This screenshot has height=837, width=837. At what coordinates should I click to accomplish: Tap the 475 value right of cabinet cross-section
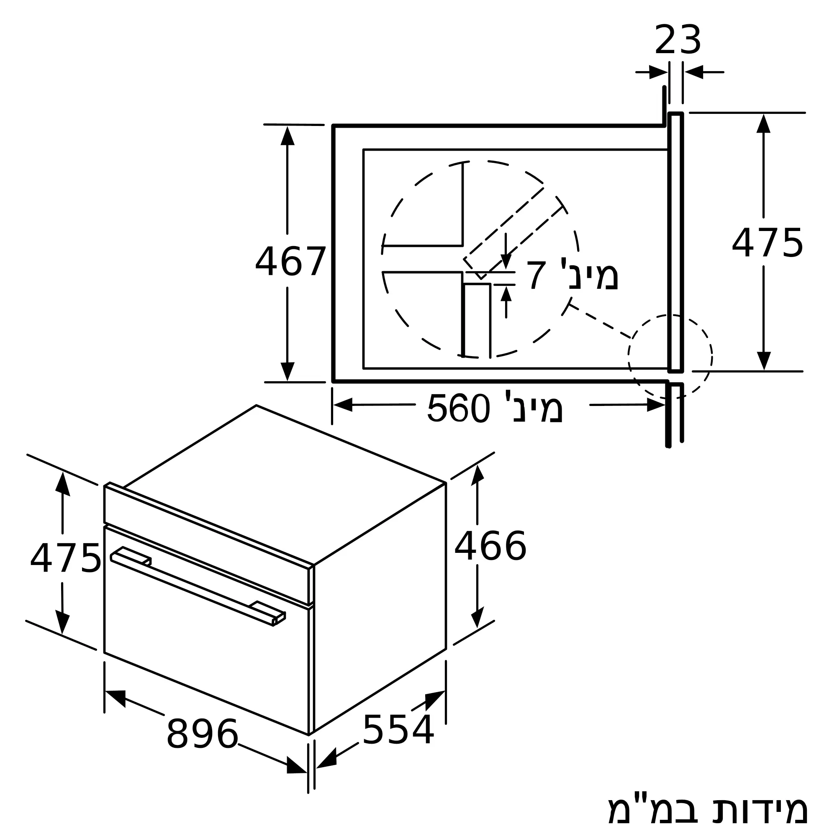tap(767, 244)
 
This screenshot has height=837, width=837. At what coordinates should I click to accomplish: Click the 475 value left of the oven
tap(65, 559)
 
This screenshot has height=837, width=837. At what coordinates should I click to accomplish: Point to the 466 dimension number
tap(490, 547)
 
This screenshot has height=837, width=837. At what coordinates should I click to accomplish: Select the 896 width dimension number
tap(202, 734)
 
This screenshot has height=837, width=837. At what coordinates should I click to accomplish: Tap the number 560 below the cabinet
tap(458, 408)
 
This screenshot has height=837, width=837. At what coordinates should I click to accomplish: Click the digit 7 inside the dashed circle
tap(536, 276)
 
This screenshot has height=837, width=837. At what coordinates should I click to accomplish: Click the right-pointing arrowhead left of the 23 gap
tap(658, 72)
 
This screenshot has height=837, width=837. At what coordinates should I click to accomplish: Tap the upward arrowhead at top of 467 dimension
tap(287, 136)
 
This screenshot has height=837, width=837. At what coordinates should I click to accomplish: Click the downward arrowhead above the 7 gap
tap(506, 261)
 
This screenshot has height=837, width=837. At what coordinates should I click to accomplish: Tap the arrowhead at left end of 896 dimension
tap(116, 698)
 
